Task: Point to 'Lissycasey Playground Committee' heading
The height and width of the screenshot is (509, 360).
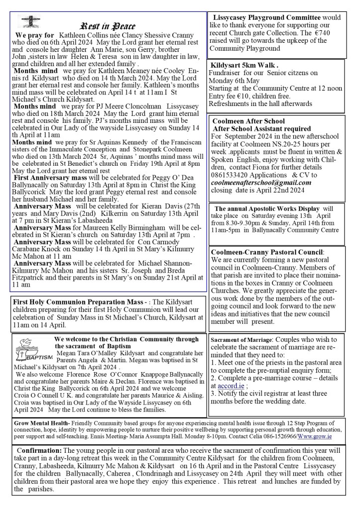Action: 266,17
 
